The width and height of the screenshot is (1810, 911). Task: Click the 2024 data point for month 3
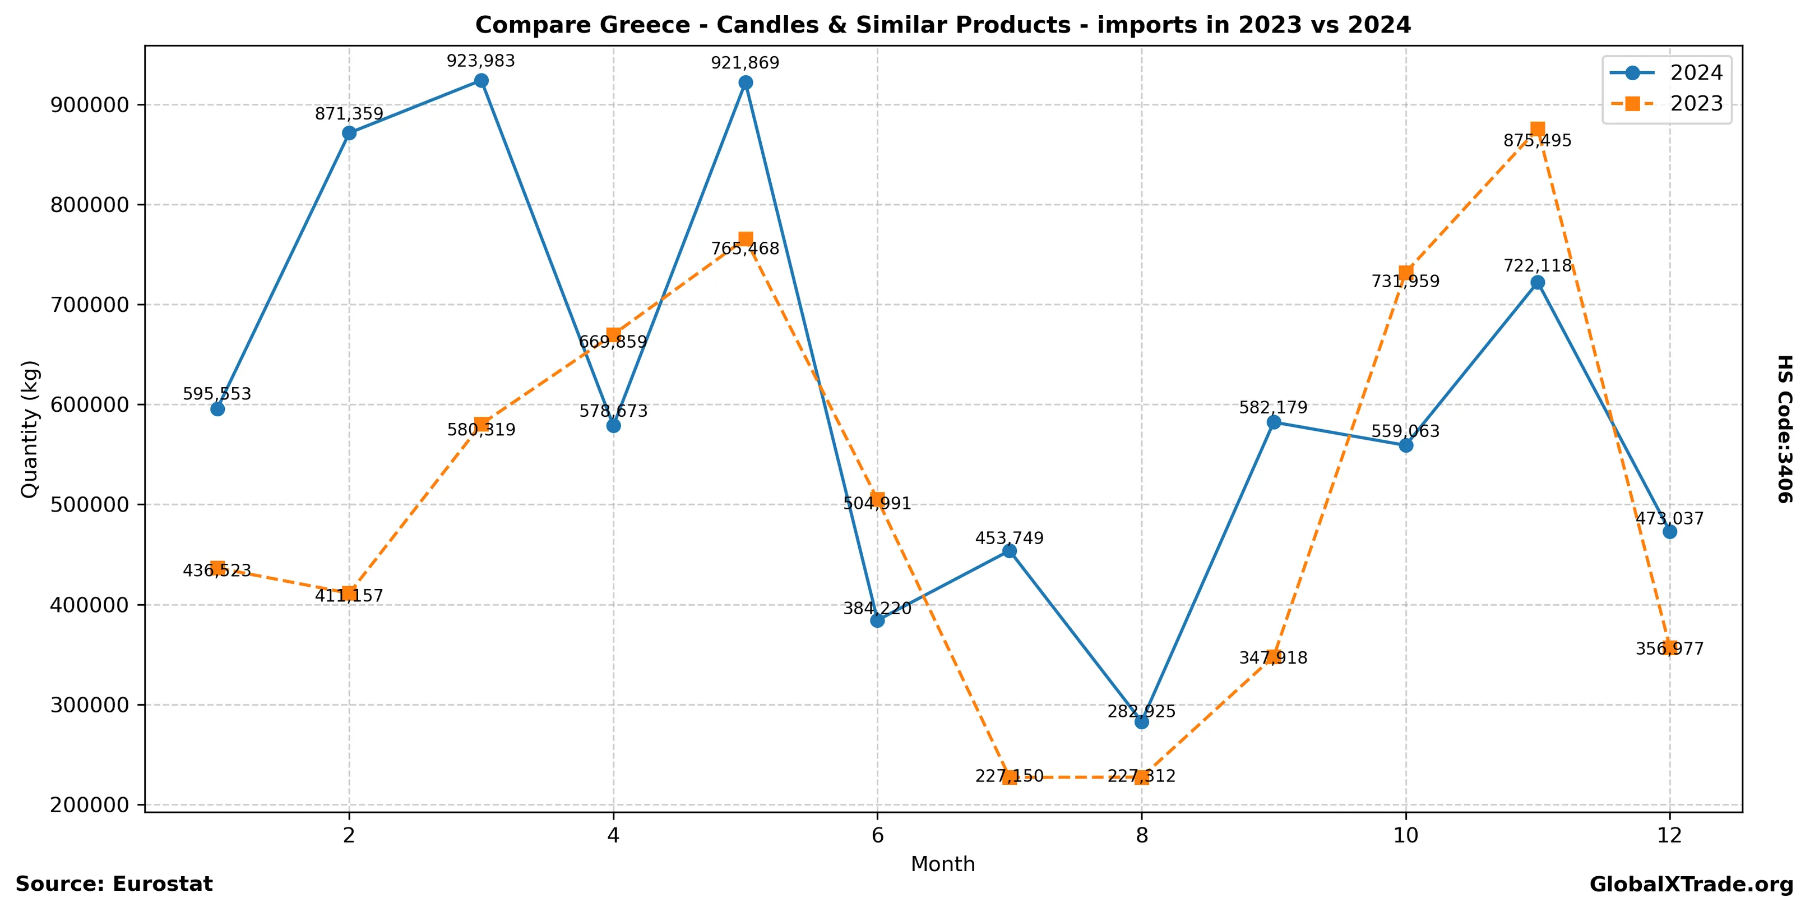pos(482,81)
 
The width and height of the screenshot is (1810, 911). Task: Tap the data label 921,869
pos(745,63)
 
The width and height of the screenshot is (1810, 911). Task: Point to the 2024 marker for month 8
pos(1142,722)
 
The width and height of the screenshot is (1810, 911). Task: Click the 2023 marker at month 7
pos(1010,777)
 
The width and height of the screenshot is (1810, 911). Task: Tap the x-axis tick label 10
pos(1405,835)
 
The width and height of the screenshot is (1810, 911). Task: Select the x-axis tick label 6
pos(877,835)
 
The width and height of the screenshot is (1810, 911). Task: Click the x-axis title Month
pos(942,864)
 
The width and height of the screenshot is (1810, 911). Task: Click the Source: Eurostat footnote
pos(114,884)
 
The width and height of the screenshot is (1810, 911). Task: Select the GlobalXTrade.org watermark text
pos(1691,885)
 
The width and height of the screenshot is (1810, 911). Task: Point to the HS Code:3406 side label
pos(1785,429)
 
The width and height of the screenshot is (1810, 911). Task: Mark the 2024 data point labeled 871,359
pos(349,134)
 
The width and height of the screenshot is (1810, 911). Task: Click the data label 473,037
pos(1669,519)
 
